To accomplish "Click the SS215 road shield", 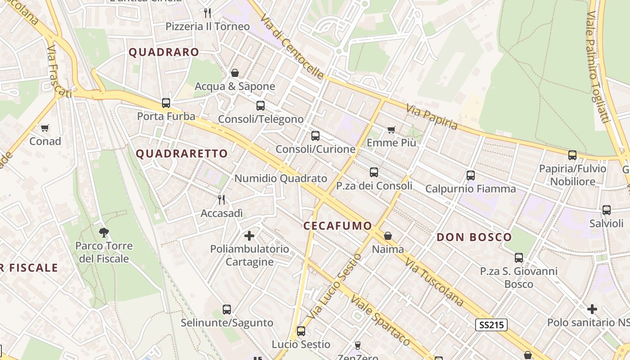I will pos(491,324).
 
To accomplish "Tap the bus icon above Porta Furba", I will pos(166,103).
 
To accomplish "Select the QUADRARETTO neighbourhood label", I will pos(182,154).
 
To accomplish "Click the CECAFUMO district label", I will pos(338,226).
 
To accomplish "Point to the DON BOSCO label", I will pos(474,237).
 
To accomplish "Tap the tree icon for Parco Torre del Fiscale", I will pos(104,232).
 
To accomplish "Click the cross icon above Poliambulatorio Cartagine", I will pos(249,235).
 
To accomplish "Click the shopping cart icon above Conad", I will pos(45,128).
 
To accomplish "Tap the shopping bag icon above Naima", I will pos(387,236).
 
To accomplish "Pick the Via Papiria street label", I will pos(432,117).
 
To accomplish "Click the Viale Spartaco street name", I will pos(380,320).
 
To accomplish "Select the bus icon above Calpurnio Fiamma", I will pos(470,175).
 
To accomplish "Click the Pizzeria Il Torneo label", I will pos(207,27).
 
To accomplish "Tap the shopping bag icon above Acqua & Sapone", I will pos(234,73).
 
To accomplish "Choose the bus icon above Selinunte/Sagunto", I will pos(227,310).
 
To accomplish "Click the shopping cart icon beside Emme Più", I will pos(391,130).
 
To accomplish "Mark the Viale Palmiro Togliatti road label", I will pos(598,67).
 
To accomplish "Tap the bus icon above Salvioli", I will pos(606,210).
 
